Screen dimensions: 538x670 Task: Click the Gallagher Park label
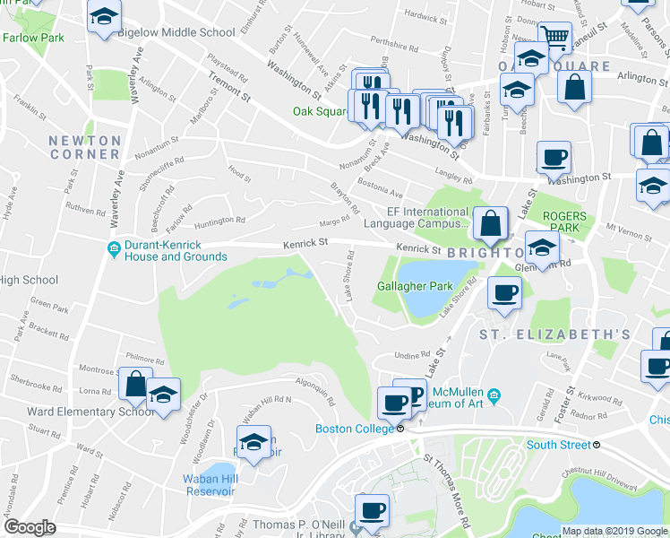tap(415, 286)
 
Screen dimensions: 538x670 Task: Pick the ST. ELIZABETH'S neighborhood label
tap(554, 335)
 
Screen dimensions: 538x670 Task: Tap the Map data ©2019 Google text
tap(614, 531)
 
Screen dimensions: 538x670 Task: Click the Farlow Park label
tap(33, 39)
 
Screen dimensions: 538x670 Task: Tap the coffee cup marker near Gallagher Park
tap(505, 292)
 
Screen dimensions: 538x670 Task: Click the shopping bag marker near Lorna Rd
tap(134, 385)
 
